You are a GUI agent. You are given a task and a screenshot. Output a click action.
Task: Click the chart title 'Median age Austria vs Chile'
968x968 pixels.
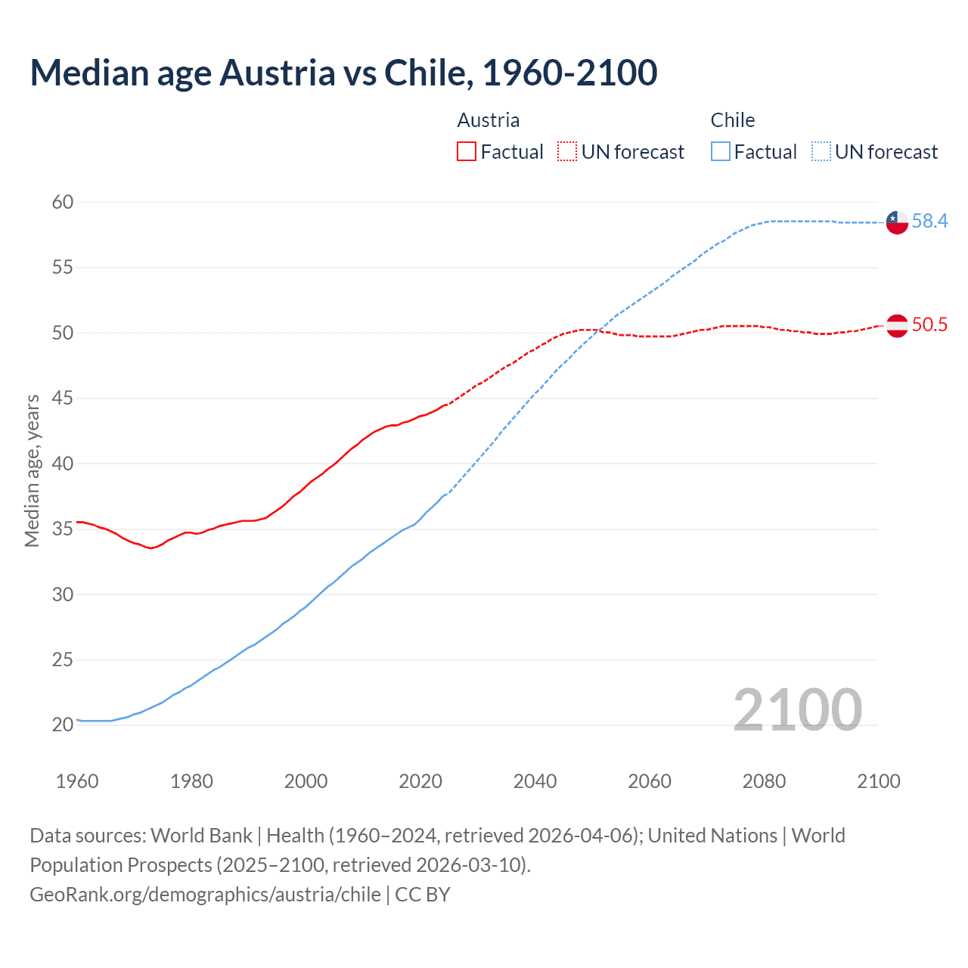(x=343, y=73)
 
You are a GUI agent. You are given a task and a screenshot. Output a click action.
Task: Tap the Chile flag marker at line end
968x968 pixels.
(x=896, y=222)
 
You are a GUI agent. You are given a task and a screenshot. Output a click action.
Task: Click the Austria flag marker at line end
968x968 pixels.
(x=896, y=325)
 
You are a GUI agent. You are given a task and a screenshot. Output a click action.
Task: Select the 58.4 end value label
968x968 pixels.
(x=929, y=222)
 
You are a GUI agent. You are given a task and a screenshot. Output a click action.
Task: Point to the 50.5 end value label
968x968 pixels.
(x=929, y=325)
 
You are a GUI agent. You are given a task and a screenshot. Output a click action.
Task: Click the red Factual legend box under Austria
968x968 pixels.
(x=467, y=152)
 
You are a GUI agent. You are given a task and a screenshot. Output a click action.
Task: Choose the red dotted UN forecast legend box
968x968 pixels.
(x=567, y=152)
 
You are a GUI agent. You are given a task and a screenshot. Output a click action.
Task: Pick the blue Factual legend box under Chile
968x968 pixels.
(x=720, y=152)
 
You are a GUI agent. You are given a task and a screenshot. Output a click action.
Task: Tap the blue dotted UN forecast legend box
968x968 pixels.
(x=821, y=152)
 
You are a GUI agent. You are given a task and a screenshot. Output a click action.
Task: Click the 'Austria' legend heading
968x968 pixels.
(x=489, y=120)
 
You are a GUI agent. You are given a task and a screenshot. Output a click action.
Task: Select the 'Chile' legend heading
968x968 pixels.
(x=732, y=120)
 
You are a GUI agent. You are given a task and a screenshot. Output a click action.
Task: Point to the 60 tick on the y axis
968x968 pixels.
(x=63, y=202)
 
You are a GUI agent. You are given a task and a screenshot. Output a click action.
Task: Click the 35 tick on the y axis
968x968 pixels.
(x=63, y=529)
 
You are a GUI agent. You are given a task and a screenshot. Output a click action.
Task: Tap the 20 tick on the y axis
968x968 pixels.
(x=63, y=724)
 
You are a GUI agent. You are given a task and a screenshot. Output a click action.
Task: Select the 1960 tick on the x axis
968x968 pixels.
(x=77, y=781)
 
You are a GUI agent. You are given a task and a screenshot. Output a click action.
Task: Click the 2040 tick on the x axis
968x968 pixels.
(x=535, y=781)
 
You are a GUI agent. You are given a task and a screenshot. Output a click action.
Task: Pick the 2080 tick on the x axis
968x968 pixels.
(x=764, y=781)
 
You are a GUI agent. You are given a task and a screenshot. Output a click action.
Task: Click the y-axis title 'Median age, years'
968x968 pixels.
(x=32, y=470)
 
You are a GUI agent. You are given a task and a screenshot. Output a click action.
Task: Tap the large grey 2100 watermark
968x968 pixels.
(x=797, y=710)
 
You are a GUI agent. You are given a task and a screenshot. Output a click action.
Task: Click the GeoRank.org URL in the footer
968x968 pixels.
(x=205, y=895)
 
